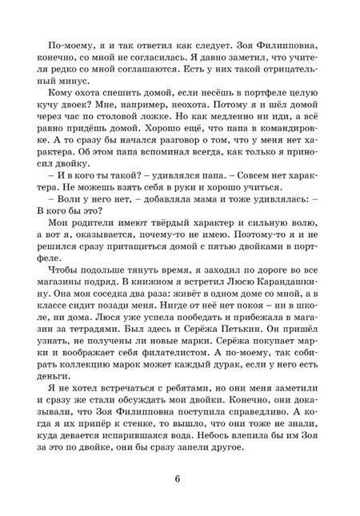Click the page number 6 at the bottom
tap(180, 478)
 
